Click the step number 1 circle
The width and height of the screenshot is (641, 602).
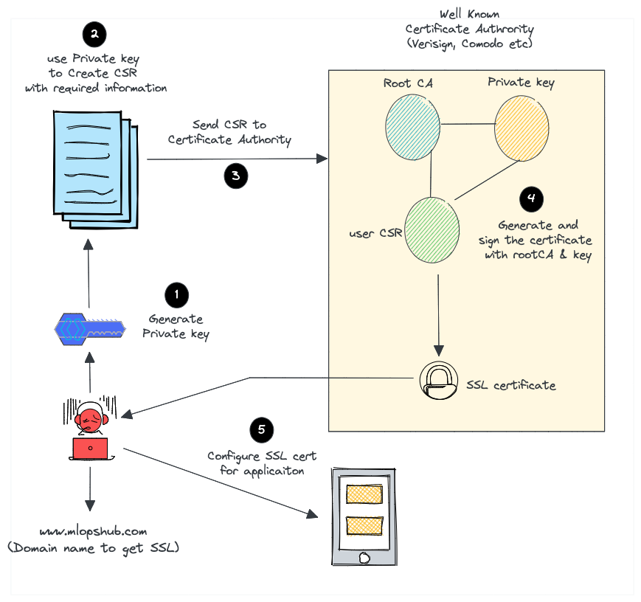click(176, 295)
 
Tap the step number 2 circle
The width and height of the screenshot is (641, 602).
click(94, 33)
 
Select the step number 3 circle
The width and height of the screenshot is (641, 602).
click(235, 176)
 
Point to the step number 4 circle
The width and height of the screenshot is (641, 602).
click(531, 198)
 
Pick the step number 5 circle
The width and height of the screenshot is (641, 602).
click(261, 430)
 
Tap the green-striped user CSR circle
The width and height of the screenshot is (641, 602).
click(432, 229)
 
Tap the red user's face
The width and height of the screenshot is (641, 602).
click(90, 421)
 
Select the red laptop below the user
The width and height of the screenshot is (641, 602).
click(90, 448)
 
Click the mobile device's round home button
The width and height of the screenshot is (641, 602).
click(364, 558)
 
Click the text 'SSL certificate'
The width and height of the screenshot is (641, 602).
click(510, 385)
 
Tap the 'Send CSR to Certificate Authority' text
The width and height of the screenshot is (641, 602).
click(229, 132)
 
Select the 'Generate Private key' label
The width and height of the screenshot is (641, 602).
click(176, 326)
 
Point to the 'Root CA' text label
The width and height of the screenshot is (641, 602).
click(408, 83)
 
